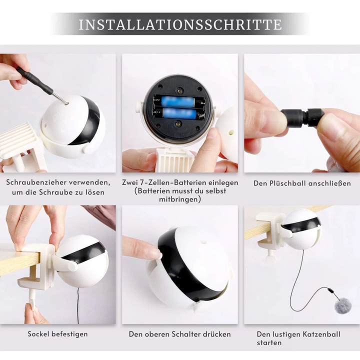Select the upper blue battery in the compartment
179,101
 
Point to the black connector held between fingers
300,118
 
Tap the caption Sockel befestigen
57,333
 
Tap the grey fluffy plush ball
343,305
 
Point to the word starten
269,343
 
